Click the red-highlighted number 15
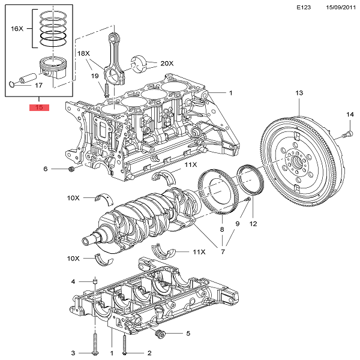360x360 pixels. pos(39,108)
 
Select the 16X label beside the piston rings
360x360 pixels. pos(17,28)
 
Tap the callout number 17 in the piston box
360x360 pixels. pos(38,85)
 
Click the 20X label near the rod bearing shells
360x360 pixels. pos(166,63)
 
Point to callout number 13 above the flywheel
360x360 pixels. pos(299,92)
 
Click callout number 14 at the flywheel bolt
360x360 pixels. pos(350,114)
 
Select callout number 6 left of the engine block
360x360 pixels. pos(45,169)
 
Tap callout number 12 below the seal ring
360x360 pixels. pos(253,224)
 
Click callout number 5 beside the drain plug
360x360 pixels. pos(188,334)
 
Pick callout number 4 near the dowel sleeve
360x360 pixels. pos(73,281)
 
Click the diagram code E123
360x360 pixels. pos(305,8)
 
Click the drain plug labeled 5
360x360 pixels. pos(160,333)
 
